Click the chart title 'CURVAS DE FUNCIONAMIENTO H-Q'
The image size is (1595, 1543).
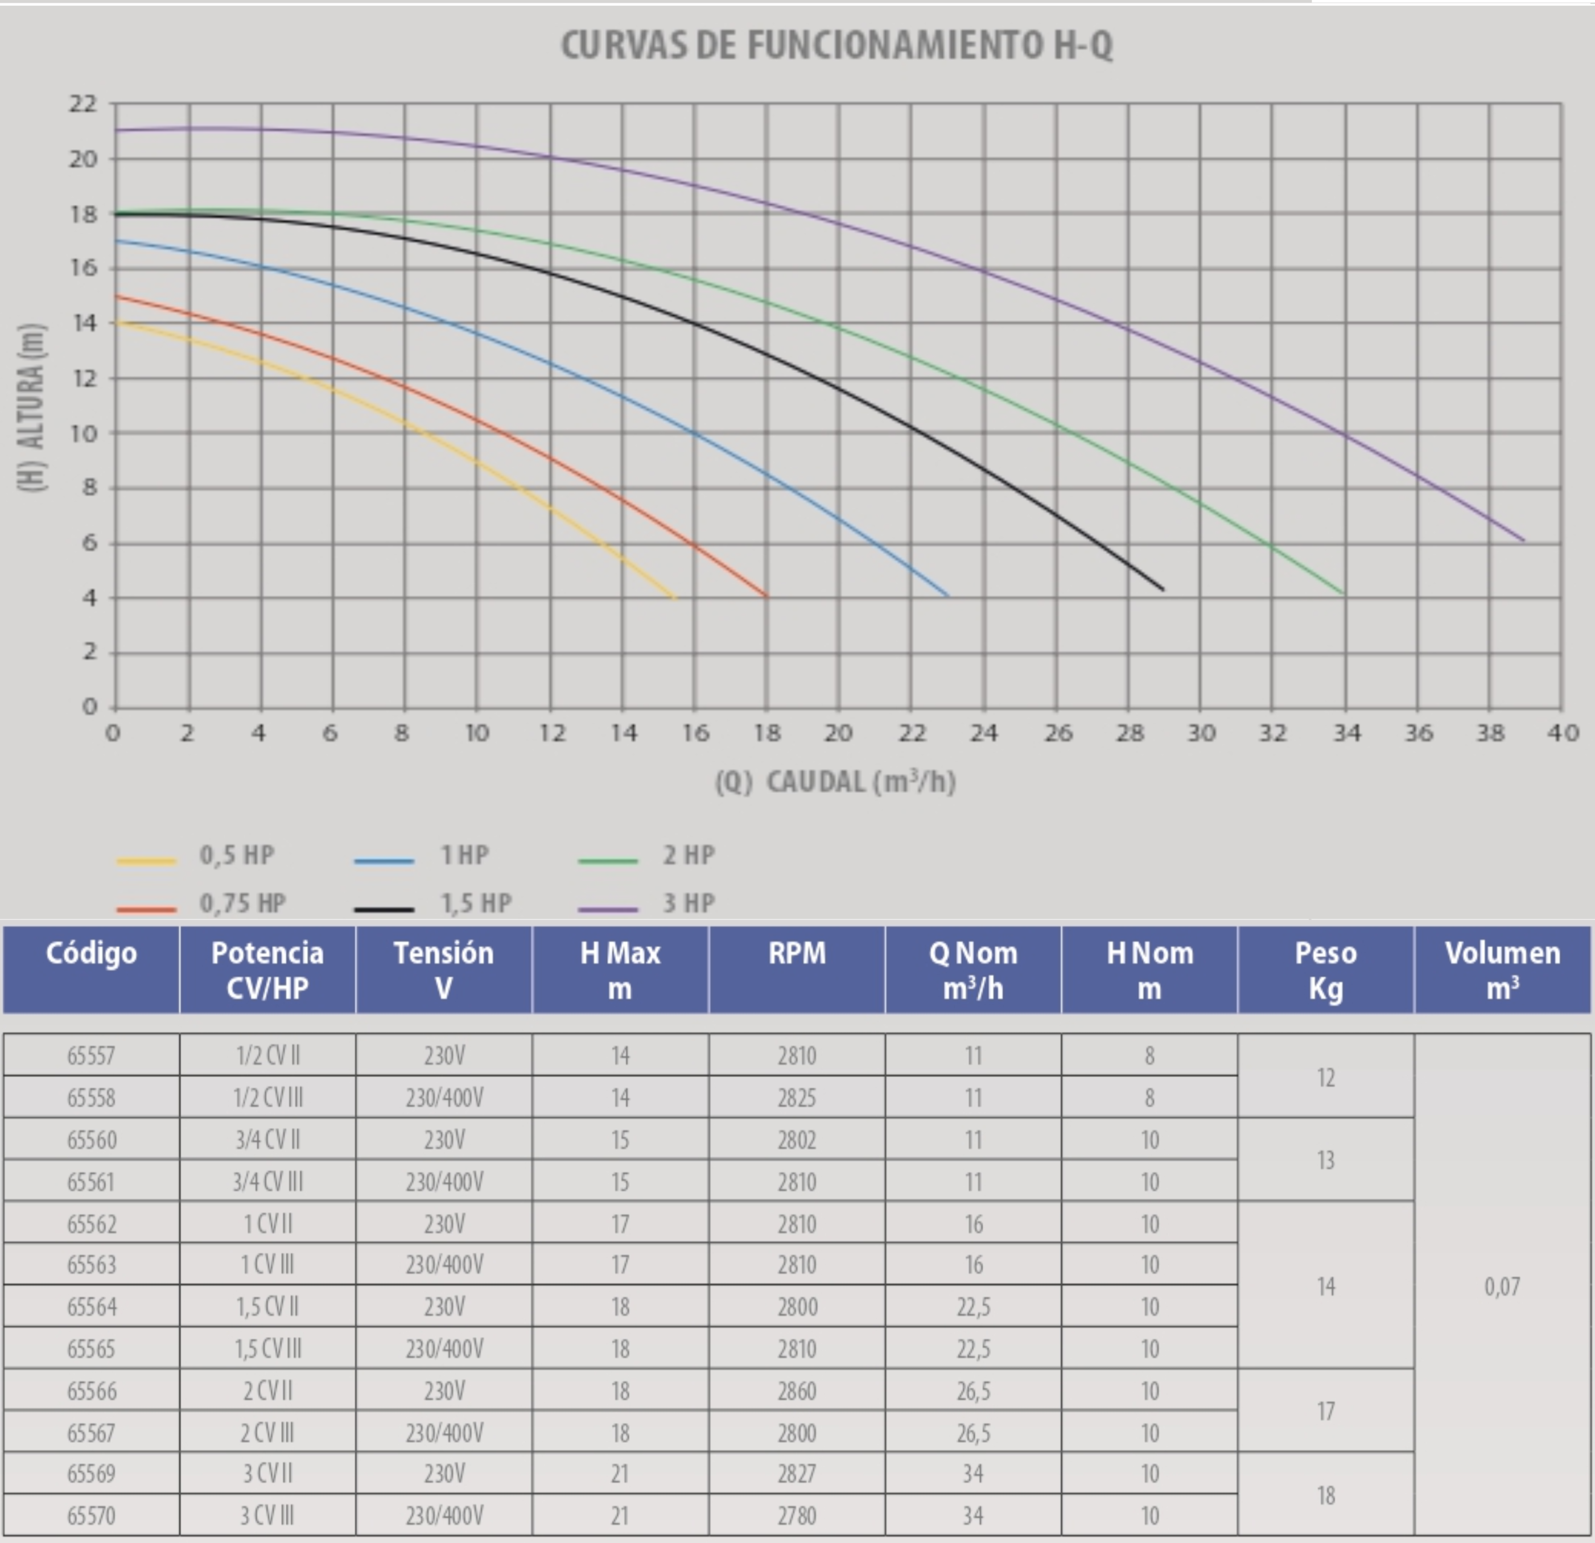(836, 45)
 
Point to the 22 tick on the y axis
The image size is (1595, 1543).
(82, 104)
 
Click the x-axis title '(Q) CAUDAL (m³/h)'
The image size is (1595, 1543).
(835, 782)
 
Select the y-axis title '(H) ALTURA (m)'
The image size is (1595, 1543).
(31, 407)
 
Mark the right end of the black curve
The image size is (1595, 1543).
(1163, 589)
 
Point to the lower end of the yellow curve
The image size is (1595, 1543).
(675, 598)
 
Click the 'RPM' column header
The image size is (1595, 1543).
(797, 953)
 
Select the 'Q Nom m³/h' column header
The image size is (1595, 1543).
(973, 970)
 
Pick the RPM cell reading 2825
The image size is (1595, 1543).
(797, 1098)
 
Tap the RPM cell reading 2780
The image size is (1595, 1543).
(797, 1515)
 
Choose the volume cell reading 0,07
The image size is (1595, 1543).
(1502, 1286)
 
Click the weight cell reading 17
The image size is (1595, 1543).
(1326, 1410)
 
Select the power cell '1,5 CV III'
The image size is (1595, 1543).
(268, 1348)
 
